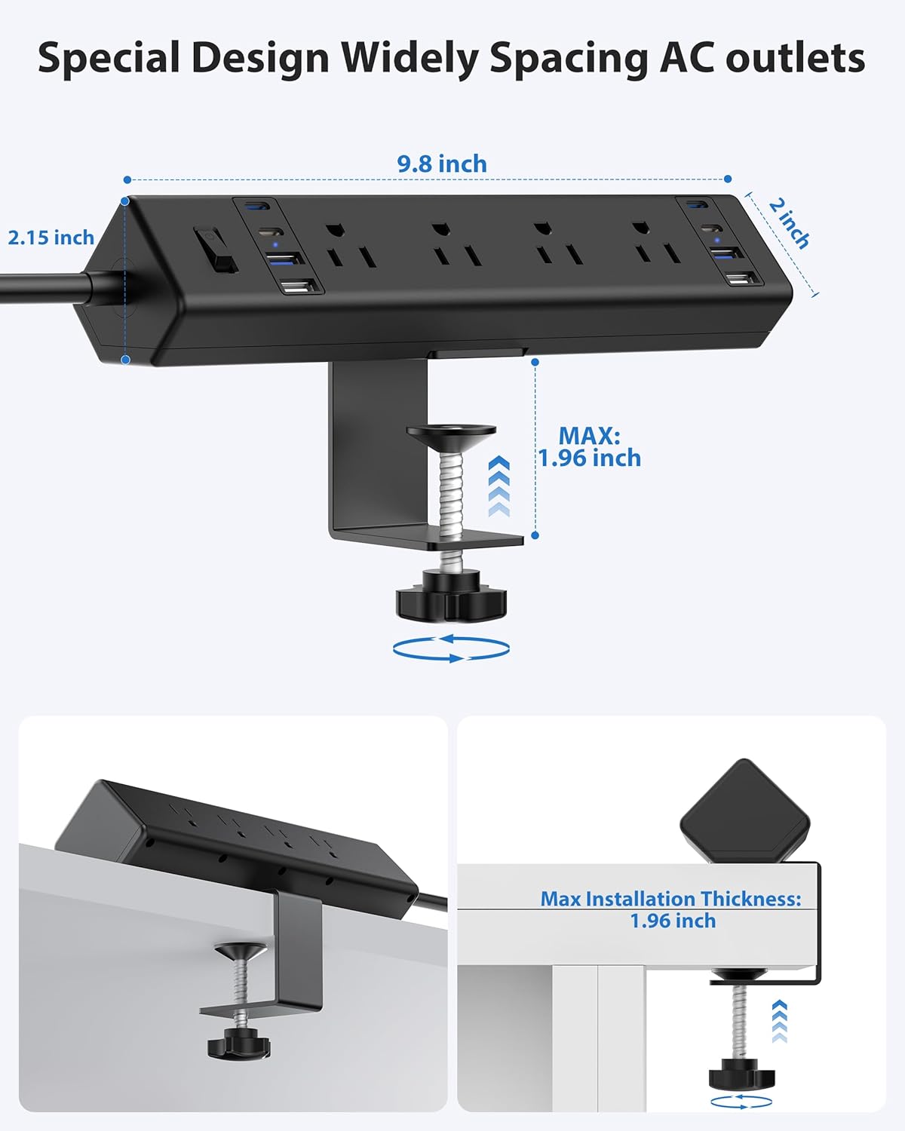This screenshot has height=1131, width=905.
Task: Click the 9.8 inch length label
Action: tap(442, 164)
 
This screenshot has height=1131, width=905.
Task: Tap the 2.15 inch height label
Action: tap(51, 238)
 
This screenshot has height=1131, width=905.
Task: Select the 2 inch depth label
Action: tap(789, 223)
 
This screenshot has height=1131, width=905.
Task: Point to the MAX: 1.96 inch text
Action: tap(589, 447)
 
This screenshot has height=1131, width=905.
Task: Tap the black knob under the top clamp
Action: tap(451, 596)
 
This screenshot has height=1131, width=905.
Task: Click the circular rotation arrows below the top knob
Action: tap(451, 648)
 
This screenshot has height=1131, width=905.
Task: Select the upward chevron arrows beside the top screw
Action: tap(499, 486)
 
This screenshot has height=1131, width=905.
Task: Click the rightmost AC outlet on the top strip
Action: tap(655, 244)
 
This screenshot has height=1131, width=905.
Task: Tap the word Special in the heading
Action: tap(109, 58)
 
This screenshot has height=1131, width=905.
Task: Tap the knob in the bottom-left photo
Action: tap(238, 1044)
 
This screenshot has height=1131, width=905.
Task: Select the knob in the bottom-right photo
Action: tap(741, 1074)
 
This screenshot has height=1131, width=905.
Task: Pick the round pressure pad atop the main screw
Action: tap(451, 434)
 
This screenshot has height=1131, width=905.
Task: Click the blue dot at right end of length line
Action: tap(728, 179)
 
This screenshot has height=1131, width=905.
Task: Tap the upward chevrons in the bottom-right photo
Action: tap(780, 1022)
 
